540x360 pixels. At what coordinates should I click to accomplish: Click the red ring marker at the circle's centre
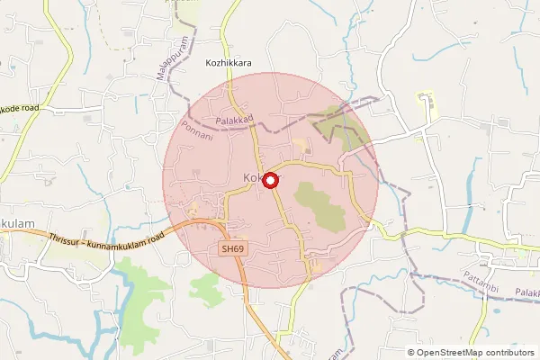click(x=267, y=179)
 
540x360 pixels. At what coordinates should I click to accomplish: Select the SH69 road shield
click(x=232, y=247)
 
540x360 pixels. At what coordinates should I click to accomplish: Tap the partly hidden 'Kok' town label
click(x=252, y=179)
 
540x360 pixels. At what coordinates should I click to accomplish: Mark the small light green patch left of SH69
click(x=204, y=288)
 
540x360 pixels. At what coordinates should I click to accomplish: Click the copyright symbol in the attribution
click(x=411, y=352)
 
